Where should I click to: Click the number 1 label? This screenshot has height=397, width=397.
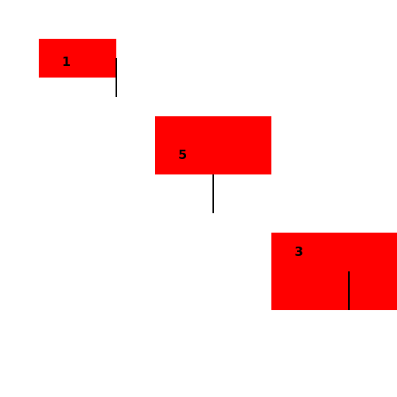(67, 61)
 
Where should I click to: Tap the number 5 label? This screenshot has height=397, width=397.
(182, 154)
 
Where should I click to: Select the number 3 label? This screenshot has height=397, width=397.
(299, 251)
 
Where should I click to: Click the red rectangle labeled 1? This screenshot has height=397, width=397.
(78, 58)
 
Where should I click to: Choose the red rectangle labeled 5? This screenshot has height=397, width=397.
(213, 145)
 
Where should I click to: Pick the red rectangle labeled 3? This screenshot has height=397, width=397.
(334, 271)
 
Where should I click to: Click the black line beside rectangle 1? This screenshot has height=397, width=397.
(116, 78)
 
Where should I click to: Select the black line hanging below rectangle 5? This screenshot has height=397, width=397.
(213, 194)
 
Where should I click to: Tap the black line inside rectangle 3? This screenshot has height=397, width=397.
(349, 291)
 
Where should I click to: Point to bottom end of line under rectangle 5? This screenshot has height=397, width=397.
(213, 213)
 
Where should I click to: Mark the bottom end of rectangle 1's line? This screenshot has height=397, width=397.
(116, 97)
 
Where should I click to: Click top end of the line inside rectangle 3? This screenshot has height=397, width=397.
(349, 271)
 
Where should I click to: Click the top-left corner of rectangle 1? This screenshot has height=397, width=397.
(39, 39)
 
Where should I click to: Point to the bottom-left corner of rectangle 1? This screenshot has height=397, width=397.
(39, 78)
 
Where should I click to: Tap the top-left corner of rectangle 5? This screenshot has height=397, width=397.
(155, 116)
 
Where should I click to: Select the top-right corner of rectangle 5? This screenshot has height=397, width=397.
(271, 116)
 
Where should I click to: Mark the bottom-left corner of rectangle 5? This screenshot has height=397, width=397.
(155, 174)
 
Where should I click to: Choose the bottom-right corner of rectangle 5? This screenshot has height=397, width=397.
(271, 174)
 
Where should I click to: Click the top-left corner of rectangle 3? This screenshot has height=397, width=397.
(271, 233)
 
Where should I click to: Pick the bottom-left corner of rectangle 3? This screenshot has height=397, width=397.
(271, 310)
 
